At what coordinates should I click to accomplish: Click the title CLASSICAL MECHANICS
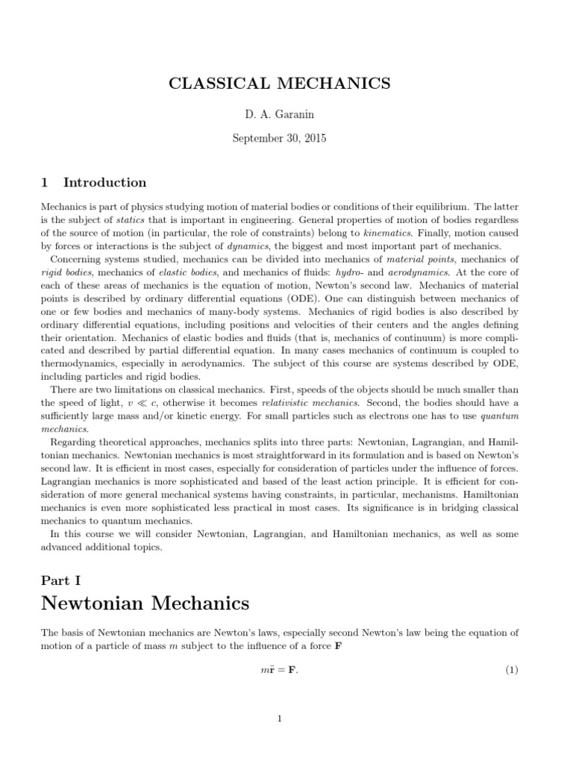(280, 83)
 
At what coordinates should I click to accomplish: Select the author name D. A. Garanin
(280, 116)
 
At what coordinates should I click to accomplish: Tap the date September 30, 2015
(280, 138)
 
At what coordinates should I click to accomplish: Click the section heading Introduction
(104, 183)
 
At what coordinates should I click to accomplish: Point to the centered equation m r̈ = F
(279, 670)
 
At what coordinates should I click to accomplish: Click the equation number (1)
(511, 670)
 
